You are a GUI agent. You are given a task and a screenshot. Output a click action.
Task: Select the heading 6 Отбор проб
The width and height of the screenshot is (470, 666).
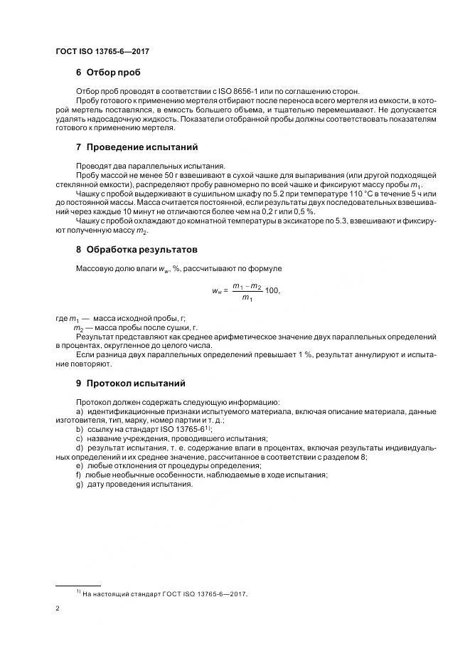(108, 73)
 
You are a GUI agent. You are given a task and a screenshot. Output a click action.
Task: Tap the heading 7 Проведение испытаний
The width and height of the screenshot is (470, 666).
(137, 147)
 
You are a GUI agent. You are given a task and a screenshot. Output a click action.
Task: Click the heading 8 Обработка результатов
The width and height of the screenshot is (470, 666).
(137, 250)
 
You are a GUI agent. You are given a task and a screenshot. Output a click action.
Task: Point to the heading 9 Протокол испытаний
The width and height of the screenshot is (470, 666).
(130, 382)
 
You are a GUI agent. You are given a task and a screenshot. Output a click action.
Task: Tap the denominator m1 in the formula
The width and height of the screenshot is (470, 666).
(247, 298)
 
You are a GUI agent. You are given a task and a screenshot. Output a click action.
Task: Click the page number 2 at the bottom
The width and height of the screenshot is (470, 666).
(58, 609)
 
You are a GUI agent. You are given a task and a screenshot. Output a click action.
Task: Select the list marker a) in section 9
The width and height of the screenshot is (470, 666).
(79, 412)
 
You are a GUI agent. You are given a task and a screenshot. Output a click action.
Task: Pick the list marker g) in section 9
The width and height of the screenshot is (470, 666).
(79, 485)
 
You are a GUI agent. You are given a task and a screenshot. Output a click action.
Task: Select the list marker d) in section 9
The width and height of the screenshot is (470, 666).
(79, 448)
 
